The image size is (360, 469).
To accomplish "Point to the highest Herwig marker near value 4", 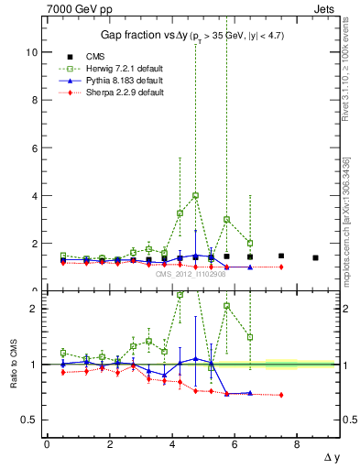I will point(196,195).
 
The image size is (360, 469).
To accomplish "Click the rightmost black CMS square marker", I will point(315,257).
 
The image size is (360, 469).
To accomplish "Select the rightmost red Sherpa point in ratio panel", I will point(281,395).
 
